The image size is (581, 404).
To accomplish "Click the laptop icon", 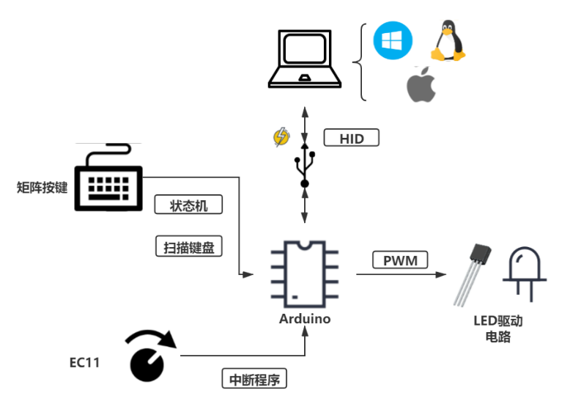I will pos(304,59).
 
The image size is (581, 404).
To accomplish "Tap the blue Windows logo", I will pos(393,40).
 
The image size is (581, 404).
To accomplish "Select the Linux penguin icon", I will pos(448,41).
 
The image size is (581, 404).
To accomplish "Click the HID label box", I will pos(352,138).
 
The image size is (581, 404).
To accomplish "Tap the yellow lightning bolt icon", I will pos(281,137).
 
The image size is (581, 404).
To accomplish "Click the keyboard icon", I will pos(108,178).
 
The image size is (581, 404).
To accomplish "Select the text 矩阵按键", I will pos(42,188).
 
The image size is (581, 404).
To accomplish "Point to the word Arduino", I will pos(305,319).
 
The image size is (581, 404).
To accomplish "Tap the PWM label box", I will pos(400,260).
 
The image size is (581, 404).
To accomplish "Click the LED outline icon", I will pos(523,272).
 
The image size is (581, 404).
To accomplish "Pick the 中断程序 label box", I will pos(254,379).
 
